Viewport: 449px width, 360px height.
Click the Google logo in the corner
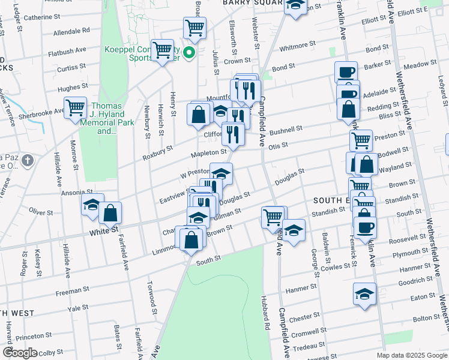[20, 353]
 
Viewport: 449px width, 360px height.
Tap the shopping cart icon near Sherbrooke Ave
[76, 109]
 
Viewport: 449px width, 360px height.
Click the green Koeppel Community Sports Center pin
[190, 53]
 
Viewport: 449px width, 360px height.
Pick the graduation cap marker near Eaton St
[364, 294]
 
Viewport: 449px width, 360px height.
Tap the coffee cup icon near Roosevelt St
[365, 227]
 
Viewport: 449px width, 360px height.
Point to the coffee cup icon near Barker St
[346, 73]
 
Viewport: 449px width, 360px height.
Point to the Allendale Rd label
[71, 30]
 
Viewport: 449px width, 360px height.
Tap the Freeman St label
[73, 292]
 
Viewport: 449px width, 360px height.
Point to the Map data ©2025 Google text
[412, 355]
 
